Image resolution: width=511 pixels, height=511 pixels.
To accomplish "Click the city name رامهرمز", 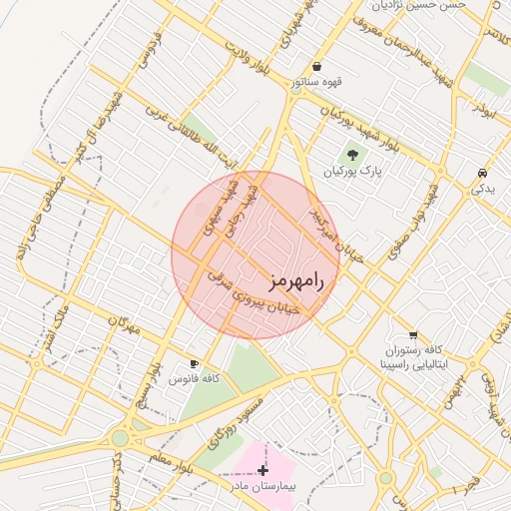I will coord(296,281).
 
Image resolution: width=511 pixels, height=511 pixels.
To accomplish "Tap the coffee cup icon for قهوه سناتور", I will coord(317,67).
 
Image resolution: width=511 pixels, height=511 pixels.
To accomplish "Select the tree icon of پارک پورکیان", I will coord(351,155).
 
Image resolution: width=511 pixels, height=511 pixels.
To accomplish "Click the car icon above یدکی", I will coord(483,171).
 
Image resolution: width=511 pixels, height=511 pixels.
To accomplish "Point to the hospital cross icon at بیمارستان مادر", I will coord(263,470).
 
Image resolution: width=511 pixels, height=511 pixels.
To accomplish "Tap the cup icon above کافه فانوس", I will coord(195,363).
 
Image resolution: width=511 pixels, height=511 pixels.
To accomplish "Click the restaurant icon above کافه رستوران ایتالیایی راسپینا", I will coord(413,335).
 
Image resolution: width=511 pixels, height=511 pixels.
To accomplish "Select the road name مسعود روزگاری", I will coord(238,419).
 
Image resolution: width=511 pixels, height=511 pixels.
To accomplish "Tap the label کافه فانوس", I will coord(195,380).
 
